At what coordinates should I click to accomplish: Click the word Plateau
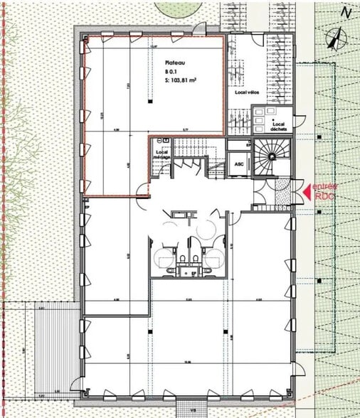tap(174, 62)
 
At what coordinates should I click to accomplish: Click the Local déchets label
tap(280, 127)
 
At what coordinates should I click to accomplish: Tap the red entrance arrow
tap(308, 190)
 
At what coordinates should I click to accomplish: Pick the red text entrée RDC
tap(329, 190)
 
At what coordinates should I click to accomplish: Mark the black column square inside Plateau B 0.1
tap(151, 102)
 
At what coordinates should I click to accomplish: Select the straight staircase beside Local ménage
tap(190, 148)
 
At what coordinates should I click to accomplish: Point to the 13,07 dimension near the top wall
tap(153, 47)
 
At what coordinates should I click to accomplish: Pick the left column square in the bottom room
tap(151, 331)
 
